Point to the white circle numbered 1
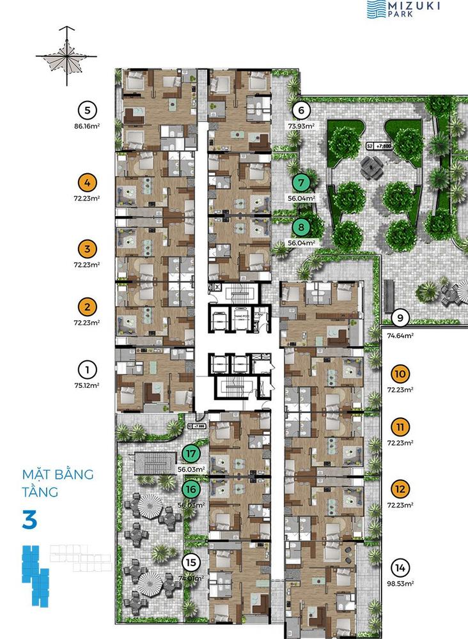[87, 369]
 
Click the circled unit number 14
[400, 568]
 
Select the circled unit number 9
[400, 318]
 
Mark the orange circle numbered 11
[400, 427]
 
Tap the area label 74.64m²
[400, 333]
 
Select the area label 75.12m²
[87, 385]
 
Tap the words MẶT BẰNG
[58, 475]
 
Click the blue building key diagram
[35, 574]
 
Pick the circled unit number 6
[302, 109]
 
